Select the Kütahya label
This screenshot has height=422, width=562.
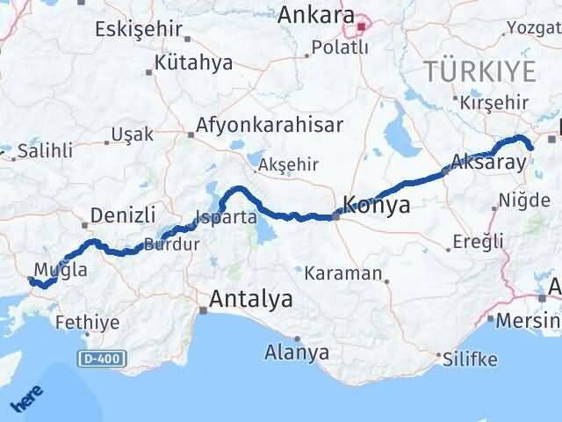tap(193, 62)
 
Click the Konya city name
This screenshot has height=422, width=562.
tap(378, 205)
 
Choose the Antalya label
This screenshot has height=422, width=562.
tap(250, 300)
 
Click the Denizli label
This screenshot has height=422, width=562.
tap(124, 214)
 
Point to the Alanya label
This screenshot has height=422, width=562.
tap(297, 353)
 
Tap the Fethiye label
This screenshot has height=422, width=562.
tap(87, 323)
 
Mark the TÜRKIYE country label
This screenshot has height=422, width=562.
tap(479, 71)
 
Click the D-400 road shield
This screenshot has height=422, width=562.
tap(100, 358)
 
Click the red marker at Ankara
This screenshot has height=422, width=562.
tap(360, 26)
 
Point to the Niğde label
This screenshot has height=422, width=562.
tap(523, 200)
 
